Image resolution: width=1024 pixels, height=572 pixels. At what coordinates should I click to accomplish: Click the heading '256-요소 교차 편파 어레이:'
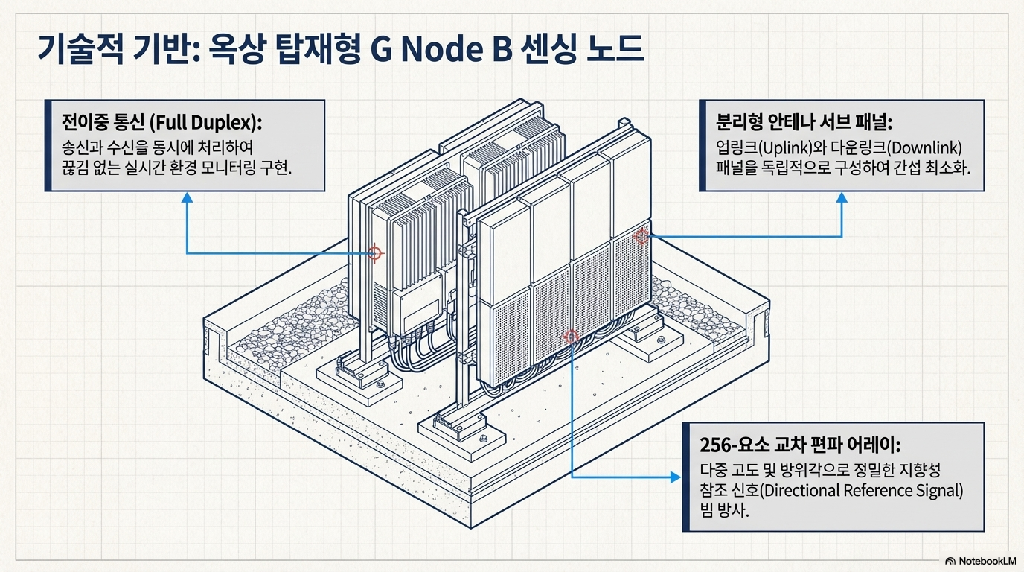(801, 445)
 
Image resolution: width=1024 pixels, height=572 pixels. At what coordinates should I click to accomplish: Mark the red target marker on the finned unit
(375, 253)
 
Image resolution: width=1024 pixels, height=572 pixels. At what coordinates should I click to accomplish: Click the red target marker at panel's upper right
(641, 237)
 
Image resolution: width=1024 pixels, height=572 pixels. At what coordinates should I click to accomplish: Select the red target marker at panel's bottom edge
(571, 337)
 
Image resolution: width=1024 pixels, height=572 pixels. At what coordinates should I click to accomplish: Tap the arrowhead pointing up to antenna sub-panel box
(842, 197)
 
